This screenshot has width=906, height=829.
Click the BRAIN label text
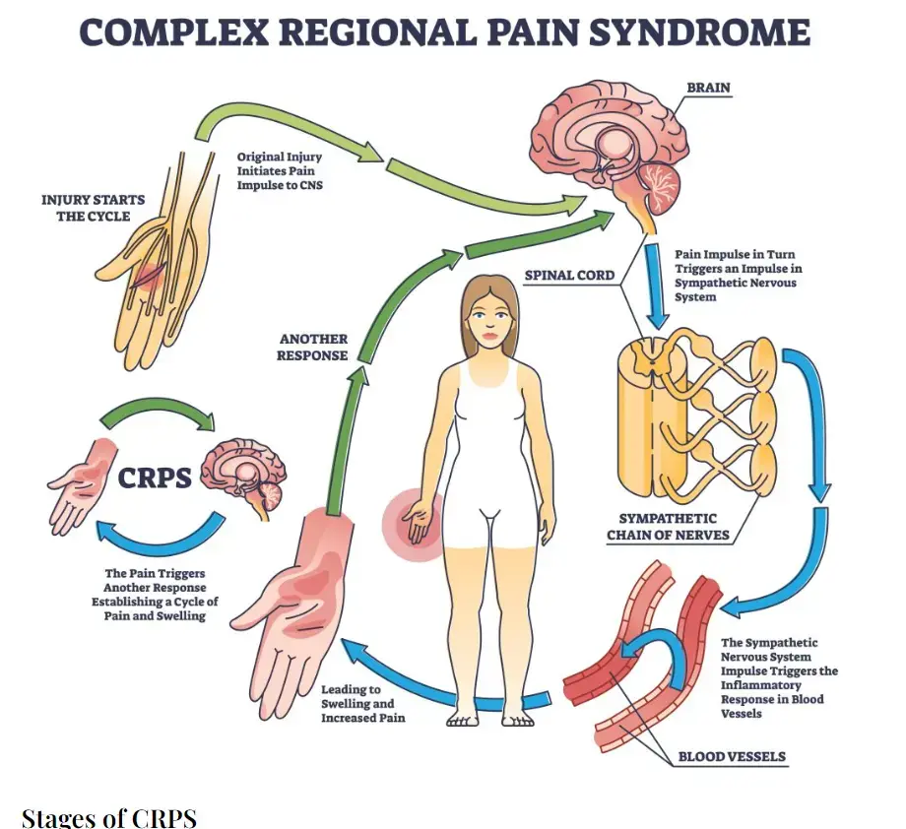click(707, 88)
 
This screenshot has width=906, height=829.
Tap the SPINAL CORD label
click(569, 275)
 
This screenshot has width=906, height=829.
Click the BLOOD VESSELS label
click(730, 757)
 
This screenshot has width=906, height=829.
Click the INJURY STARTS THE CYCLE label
click(93, 208)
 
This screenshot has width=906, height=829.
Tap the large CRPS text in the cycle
click(156, 478)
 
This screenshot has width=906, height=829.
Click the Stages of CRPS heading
click(109, 817)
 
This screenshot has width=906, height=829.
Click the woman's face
click(489, 321)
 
